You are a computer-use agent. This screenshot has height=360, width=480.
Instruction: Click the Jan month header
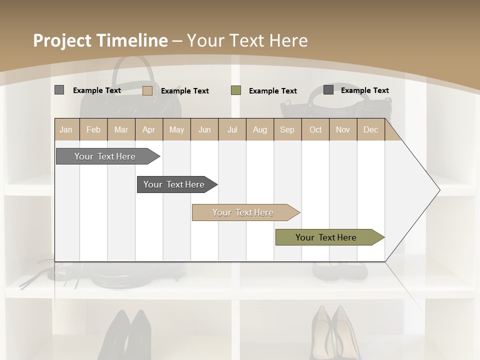point(66,129)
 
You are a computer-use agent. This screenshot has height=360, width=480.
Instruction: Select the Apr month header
point(148,129)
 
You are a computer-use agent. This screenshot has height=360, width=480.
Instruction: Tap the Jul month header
point(232,129)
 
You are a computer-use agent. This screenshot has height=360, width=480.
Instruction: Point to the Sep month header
point(287,129)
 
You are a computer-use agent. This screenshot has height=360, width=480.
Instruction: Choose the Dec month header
point(370,129)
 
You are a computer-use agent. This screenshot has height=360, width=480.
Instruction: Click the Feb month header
point(93,129)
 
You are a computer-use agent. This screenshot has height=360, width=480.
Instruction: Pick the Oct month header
point(315,129)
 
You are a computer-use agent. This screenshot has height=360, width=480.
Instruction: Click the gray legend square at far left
point(59,90)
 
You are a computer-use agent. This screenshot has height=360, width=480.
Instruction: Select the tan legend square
point(147,90)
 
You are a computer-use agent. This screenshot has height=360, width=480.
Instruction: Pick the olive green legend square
point(236,90)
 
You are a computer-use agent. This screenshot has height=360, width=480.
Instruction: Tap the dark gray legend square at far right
point(328,90)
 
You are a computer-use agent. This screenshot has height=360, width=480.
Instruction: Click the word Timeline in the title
point(132,40)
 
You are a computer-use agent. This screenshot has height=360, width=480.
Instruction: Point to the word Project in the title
point(62,40)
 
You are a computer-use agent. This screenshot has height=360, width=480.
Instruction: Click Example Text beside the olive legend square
point(272,91)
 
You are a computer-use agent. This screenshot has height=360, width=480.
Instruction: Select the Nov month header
point(343,129)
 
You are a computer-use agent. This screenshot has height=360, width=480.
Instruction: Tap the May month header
point(176,129)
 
